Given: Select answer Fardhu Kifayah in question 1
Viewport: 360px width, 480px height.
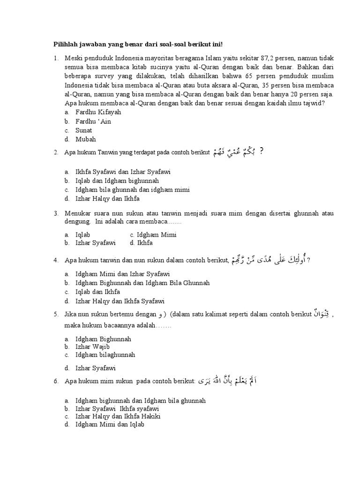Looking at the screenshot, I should pos(98,112).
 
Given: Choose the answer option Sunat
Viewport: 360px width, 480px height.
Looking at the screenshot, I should pos(83,130).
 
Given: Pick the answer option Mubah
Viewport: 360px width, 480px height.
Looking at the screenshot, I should pos(85,139).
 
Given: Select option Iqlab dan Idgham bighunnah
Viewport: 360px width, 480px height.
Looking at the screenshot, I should pos(117,180).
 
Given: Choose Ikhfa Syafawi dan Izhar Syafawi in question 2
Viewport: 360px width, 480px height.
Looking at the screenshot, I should pos(123,172).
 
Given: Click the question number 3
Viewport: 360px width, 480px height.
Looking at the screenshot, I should pos(56,213).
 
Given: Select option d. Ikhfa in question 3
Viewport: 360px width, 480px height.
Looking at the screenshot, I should pos(144,243).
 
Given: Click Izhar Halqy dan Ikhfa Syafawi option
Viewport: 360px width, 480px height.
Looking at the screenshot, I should pos(120,301).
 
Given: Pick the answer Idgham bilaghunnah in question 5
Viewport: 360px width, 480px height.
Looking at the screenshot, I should pos(105,355).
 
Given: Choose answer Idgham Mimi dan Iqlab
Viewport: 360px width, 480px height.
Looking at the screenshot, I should pos(110,425).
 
